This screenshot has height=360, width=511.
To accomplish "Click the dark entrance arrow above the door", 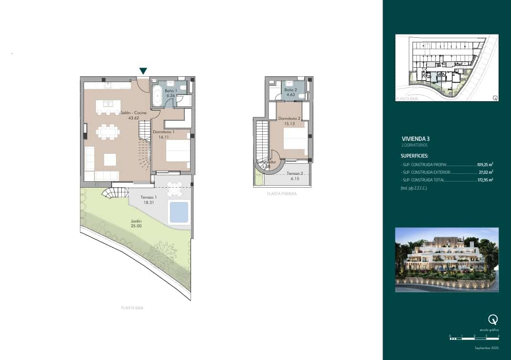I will pos(143,71).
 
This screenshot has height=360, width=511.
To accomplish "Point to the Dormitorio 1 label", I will pos(163,131).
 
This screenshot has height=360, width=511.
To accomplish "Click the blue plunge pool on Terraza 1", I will pos(179,212).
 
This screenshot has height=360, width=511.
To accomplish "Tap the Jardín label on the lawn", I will pos(136,221).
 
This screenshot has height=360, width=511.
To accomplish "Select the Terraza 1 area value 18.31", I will pos(149,202).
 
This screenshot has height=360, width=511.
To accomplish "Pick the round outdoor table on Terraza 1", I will pos(175,190).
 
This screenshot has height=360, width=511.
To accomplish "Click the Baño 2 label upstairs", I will pos(291,90).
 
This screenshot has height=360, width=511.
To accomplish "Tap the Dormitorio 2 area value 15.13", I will pos(289,123).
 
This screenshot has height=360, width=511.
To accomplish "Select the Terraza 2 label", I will pos(295,174).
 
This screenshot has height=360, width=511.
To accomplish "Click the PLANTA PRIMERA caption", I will pos(282,194).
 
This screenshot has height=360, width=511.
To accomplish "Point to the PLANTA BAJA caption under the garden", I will pos(132,308).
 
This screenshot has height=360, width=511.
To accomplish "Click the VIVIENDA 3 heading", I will pos(416,138).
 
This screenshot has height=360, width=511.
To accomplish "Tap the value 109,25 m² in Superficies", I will pos(485,164).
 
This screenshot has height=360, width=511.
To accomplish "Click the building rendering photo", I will pos(447,259).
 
